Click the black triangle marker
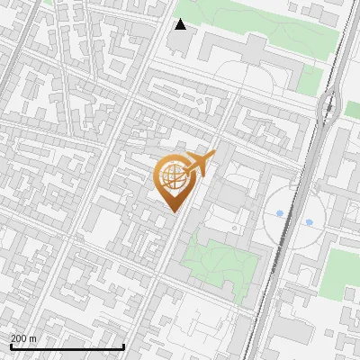coord(181,24)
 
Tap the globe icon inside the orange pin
coord(176,177)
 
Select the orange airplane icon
coord(200,164)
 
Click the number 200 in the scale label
coord(19,338)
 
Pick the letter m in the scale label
coord(32,338)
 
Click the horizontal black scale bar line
coord(67,346)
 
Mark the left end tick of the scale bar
coord(11,346)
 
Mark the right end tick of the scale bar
coord(123,346)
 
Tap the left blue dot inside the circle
coord(280,213)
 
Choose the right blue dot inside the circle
coord(309,221)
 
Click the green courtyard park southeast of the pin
coord(220,261)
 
